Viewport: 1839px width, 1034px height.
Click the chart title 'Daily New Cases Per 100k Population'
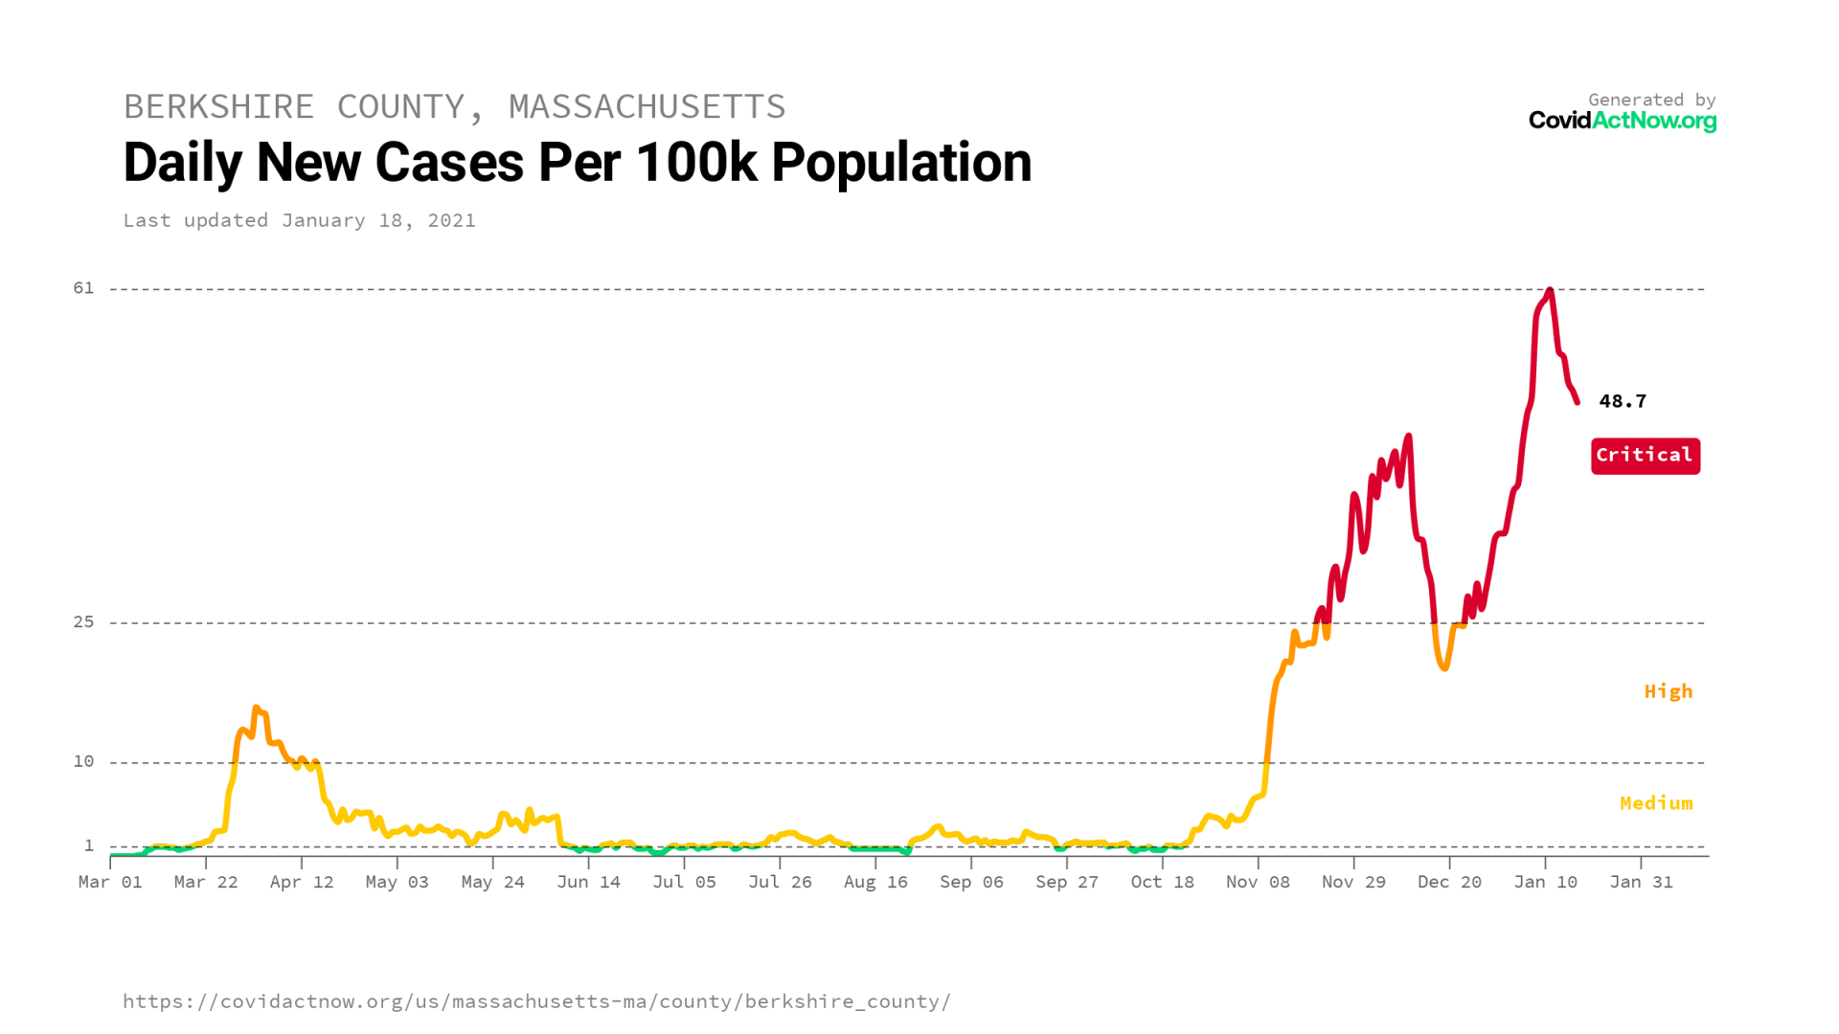tap(577, 162)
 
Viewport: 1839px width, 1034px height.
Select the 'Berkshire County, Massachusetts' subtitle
tap(454, 106)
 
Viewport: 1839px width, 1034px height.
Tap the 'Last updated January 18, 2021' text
tap(299, 220)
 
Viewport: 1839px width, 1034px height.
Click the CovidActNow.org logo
tap(1622, 121)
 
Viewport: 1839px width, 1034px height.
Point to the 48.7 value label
tap(1622, 401)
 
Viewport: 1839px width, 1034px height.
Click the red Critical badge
tap(1645, 456)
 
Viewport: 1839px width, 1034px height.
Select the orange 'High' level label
tap(1668, 691)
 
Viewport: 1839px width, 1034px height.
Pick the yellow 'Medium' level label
tap(1655, 803)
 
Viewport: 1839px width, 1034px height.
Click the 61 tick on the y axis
tap(84, 288)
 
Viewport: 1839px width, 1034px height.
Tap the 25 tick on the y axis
tap(84, 622)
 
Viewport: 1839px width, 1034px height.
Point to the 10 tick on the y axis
tap(84, 761)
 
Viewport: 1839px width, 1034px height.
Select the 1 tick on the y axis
tap(89, 845)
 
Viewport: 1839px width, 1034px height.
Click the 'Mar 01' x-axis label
tap(110, 882)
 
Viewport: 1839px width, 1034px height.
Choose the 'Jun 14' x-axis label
tap(588, 882)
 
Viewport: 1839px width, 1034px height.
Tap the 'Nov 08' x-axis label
tap(1258, 882)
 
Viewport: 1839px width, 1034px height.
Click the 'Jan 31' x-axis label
tap(1641, 882)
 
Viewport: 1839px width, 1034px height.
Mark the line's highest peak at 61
tap(1550, 289)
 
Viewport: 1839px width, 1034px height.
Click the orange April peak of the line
tap(256, 708)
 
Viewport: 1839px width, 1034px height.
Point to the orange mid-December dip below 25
tap(1443, 667)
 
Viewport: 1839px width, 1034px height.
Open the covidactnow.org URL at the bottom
tap(536, 1001)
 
